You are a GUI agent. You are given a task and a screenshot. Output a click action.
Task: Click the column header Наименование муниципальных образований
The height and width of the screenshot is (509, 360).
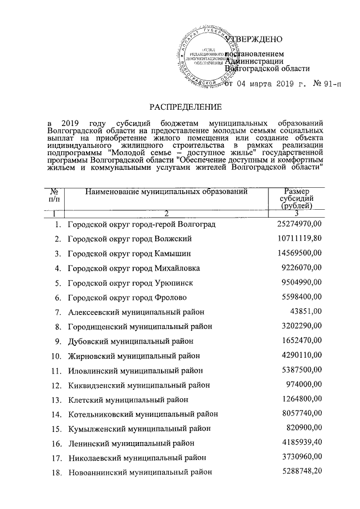pos(166,192)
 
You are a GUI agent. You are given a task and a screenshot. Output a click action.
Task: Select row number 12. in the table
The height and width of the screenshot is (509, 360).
pos(56,385)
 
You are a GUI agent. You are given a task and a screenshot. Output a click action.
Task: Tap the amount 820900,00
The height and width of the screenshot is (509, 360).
pos(304,428)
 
